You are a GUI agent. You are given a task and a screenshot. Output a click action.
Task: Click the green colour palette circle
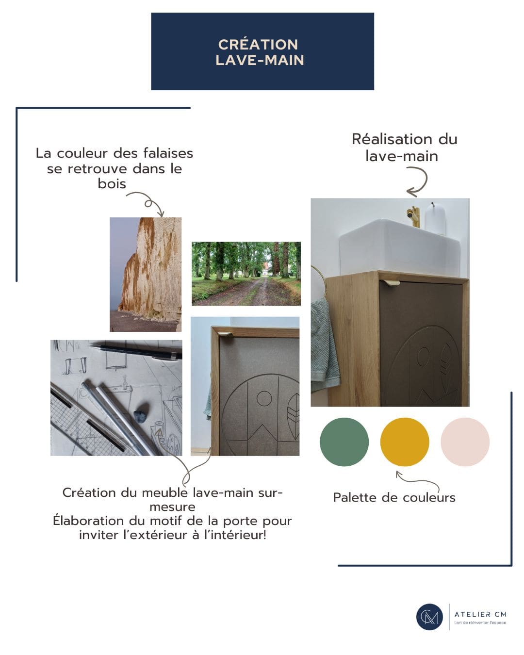tap(344, 442)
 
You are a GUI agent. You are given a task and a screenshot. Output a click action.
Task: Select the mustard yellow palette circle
tap(404, 442)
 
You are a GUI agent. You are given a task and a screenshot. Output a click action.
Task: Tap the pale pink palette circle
tap(465, 442)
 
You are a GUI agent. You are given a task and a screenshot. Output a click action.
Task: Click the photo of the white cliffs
tap(146, 274)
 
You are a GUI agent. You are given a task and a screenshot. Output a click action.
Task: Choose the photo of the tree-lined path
tap(246, 274)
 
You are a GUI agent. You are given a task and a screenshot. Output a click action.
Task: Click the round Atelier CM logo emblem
tap(429, 617)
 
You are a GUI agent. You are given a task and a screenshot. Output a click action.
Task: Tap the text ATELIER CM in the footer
tap(480, 614)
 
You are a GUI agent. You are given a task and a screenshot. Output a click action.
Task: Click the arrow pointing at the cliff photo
tap(148, 203)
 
